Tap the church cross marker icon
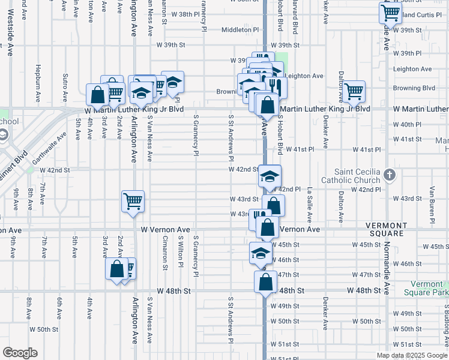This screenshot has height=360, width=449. pyautogui.click(x=390, y=175)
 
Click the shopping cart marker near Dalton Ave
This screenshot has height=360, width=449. pyautogui.click(x=354, y=91)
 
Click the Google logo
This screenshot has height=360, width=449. pyautogui.click(x=20, y=353)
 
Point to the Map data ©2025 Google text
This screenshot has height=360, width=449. pyautogui.click(x=412, y=355)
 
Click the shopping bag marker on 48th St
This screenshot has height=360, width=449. pyautogui.click(x=265, y=281)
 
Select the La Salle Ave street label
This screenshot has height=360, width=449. pyautogui.click(x=310, y=205)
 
